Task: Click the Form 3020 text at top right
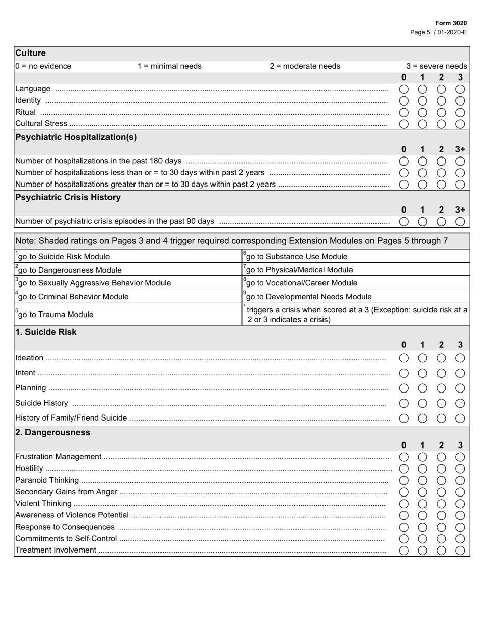pyautogui.click(x=451, y=23)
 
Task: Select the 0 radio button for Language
pyautogui.click(x=404, y=89)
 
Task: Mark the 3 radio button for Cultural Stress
pyautogui.click(x=460, y=124)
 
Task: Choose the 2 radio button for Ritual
pyautogui.click(x=441, y=112)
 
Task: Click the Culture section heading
pyautogui.click(x=31, y=53)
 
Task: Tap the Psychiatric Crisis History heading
pyautogui.click(x=68, y=197)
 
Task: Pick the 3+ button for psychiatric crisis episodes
pyautogui.click(x=460, y=221)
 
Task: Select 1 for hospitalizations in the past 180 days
pyautogui.click(x=422, y=161)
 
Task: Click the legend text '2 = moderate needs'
pyautogui.click(x=305, y=66)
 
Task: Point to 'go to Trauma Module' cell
pyautogui.click(x=56, y=315)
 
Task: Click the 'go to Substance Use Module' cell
pyautogui.click(x=297, y=257)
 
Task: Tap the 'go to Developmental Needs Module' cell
pyautogui.click(x=309, y=297)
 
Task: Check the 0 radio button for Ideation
pyautogui.click(x=404, y=358)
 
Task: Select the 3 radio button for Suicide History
pyautogui.click(x=460, y=403)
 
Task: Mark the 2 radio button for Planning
pyautogui.click(x=441, y=388)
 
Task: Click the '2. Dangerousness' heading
pyautogui.click(x=53, y=432)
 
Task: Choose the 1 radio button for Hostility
pyautogui.click(x=422, y=468)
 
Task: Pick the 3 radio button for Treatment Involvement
pyautogui.click(x=460, y=550)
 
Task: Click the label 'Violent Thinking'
pyautogui.click(x=43, y=504)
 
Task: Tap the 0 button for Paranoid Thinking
pyautogui.click(x=404, y=480)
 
